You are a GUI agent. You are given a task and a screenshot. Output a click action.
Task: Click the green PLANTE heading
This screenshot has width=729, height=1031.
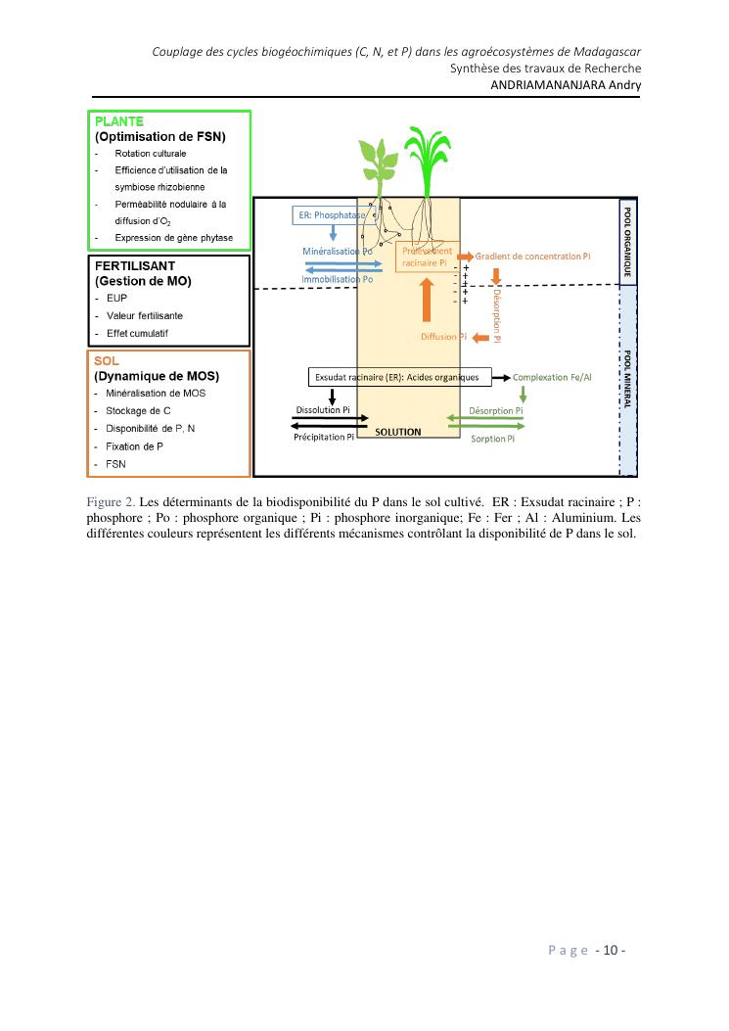(x=119, y=121)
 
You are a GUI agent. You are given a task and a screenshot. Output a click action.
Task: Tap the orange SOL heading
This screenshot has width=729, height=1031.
(x=107, y=360)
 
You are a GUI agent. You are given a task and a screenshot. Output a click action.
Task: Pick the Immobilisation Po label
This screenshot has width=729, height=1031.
(x=338, y=279)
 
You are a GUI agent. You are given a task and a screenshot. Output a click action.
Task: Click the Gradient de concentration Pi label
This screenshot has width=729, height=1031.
(x=533, y=256)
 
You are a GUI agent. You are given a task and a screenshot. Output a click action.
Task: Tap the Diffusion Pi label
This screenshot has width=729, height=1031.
(x=443, y=337)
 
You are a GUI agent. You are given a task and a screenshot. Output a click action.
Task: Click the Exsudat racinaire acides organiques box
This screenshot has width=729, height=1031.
(x=396, y=377)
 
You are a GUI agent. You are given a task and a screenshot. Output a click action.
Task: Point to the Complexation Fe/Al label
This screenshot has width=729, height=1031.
(x=553, y=377)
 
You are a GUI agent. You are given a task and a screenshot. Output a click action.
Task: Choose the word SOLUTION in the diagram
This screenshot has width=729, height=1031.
(x=398, y=432)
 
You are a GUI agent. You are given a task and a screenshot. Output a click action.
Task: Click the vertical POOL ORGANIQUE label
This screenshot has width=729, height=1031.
(x=627, y=240)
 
